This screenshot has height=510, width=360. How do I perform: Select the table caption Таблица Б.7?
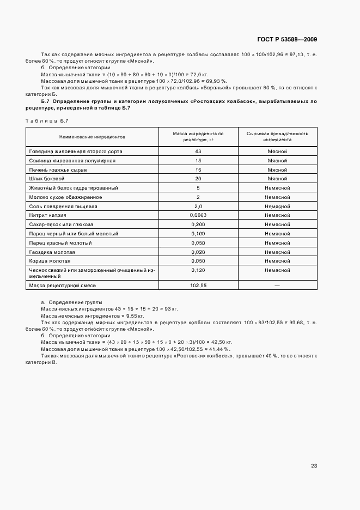(x=47, y=120)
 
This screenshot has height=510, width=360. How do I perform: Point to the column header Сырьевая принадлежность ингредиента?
(x=277, y=136)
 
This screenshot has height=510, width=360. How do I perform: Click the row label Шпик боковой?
(x=47, y=179)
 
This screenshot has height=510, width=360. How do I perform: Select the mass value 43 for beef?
(x=198, y=151)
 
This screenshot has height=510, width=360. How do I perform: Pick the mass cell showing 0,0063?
(x=198, y=215)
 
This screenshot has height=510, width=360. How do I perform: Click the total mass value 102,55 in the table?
(x=198, y=285)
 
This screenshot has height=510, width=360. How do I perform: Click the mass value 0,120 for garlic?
(x=198, y=270)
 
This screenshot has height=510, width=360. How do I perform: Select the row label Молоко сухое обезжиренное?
(x=65, y=197)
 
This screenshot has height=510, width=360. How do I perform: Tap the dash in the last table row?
(x=277, y=285)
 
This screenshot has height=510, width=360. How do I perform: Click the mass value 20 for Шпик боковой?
(x=198, y=179)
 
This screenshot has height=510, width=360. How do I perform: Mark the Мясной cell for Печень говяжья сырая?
(x=277, y=169)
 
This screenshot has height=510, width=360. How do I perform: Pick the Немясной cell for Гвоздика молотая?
(x=277, y=252)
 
